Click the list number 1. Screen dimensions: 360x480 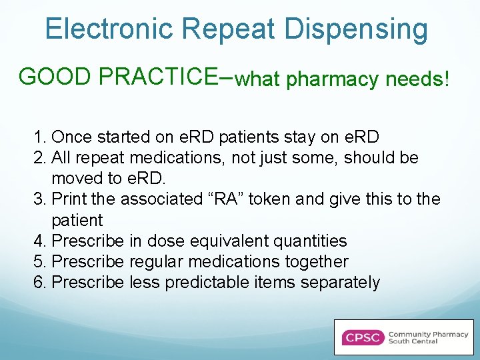coord(39,137)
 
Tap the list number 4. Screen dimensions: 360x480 coord(39,241)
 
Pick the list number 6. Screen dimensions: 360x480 coord(39,282)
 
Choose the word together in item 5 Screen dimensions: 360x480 coord(317,261)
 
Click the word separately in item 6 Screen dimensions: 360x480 coord(340,283)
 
